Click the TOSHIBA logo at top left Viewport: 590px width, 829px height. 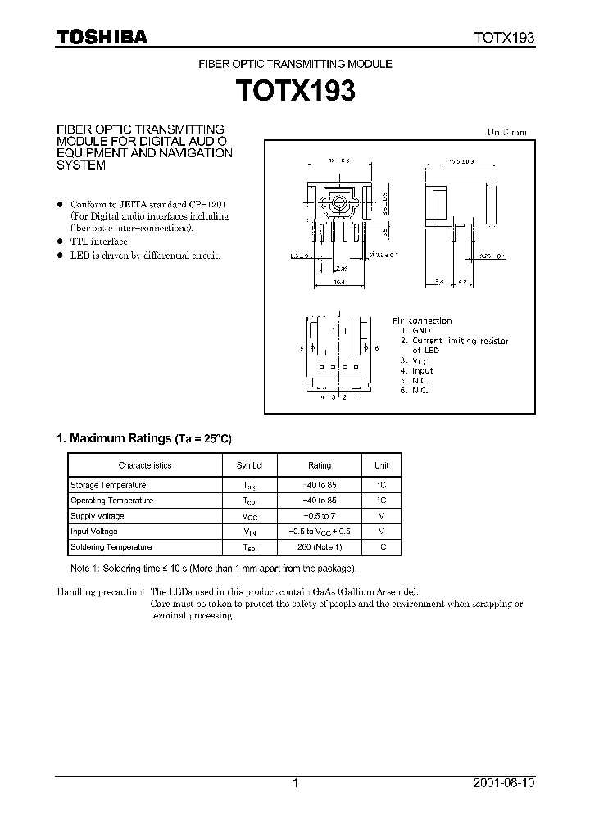pos(102,37)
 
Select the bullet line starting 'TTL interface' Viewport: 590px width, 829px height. pos(98,242)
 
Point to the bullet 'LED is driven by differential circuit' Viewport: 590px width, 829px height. pos(145,256)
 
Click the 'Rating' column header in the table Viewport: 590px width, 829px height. pos(319,465)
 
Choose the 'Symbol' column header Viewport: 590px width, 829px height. pos(249,465)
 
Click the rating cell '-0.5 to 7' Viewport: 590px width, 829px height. pos(319,516)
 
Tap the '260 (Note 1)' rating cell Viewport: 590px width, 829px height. pos(319,546)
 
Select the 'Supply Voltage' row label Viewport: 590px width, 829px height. pos(98,516)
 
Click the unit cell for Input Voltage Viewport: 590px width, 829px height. pos(381,532)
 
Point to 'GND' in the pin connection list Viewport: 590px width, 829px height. pos(421,331)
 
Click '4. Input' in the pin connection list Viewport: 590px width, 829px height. pos(417,371)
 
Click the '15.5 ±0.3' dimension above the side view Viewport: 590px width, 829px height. pos(460,162)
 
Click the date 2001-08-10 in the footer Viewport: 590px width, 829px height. pos(505,783)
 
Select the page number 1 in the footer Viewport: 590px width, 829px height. pos(295,783)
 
